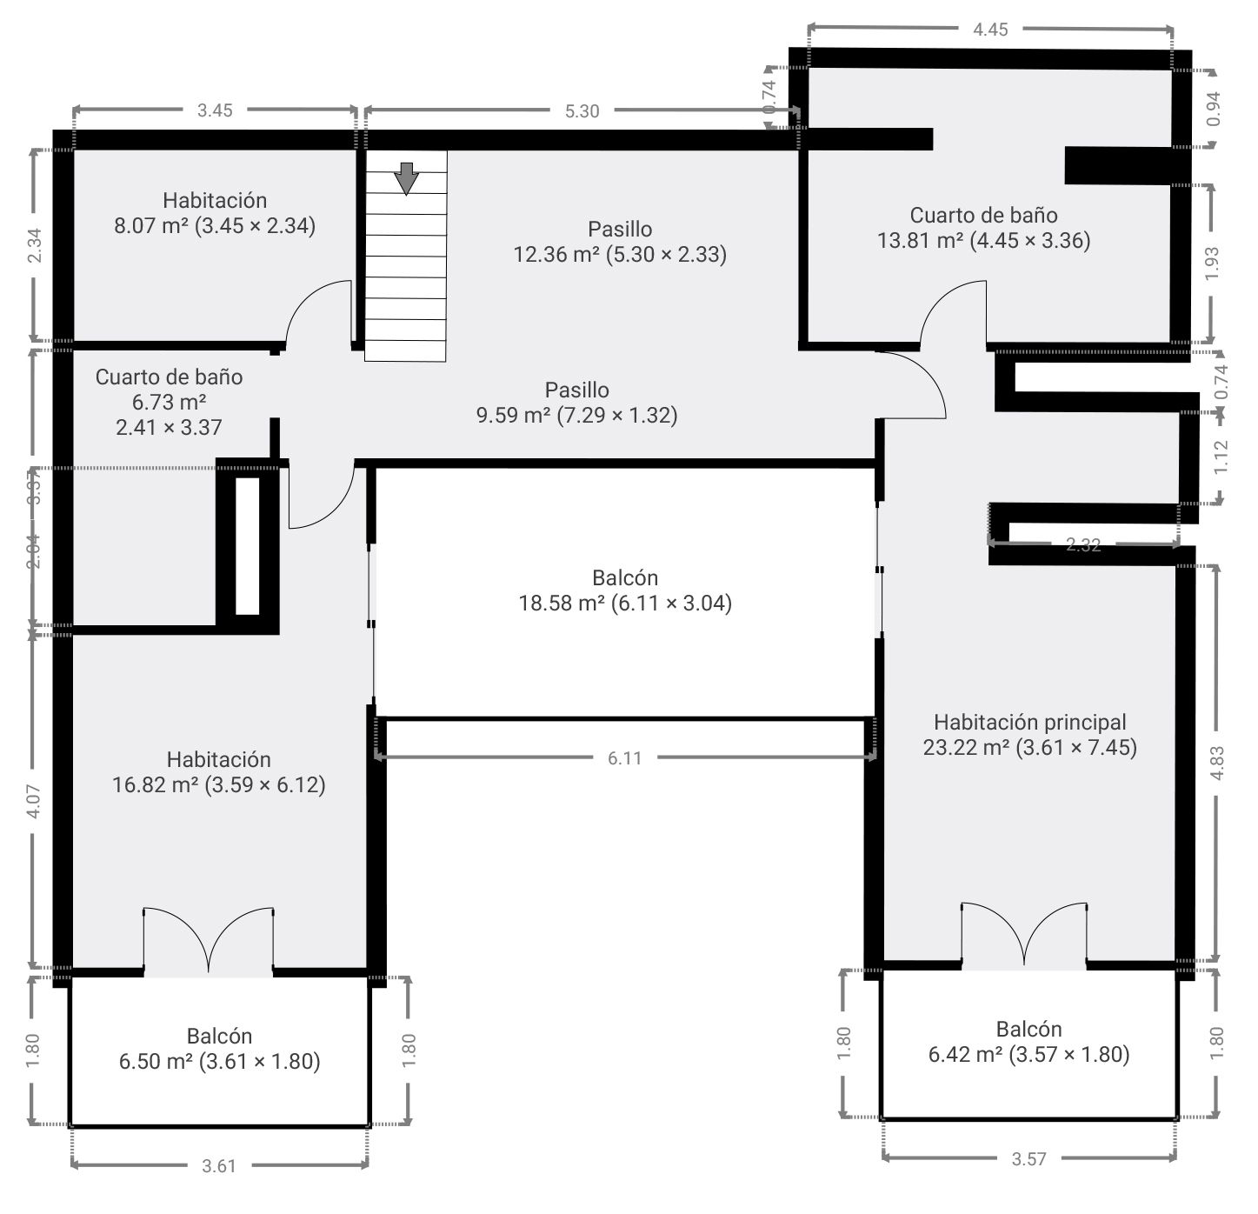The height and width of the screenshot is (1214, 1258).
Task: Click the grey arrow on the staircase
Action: [406, 177]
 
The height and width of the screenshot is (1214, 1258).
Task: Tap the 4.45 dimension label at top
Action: [990, 30]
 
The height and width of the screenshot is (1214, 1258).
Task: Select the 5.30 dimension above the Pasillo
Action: [582, 110]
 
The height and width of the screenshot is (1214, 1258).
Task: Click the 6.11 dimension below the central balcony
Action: [624, 758]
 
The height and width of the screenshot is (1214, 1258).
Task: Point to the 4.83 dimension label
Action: [1217, 764]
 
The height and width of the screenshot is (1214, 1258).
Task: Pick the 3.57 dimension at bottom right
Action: [1028, 1158]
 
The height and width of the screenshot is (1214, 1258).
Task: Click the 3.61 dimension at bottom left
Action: [219, 1166]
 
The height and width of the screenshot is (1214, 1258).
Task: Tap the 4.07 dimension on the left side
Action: [33, 801]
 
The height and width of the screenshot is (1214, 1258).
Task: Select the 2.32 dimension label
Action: [1083, 545]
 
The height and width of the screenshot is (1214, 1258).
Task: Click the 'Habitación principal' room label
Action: [1029, 722]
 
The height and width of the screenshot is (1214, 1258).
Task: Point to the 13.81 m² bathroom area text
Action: [983, 241]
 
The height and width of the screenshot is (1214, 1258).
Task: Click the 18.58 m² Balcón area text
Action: [625, 603]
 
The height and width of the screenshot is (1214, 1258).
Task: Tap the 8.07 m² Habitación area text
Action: [214, 226]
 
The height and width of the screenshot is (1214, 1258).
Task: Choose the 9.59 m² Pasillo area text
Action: [576, 415]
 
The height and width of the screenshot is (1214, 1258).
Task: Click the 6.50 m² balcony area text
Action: [219, 1062]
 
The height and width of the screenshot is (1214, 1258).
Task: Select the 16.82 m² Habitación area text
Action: [218, 785]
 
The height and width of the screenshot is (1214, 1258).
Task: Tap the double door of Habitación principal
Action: [1024, 937]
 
